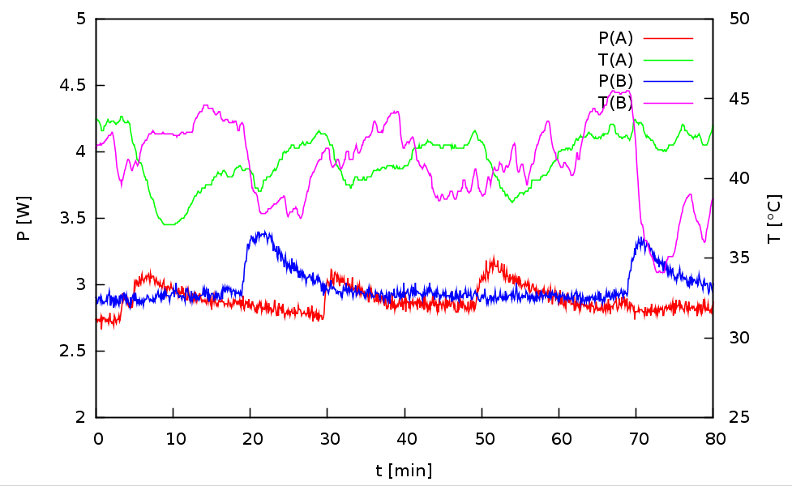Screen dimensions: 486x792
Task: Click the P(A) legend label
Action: point(615,37)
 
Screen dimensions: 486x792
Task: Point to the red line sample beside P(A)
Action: point(669,37)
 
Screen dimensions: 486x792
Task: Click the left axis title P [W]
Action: point(24,218)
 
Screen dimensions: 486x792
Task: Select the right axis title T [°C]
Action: point(774,218)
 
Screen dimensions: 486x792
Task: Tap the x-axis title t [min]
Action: point(404,470)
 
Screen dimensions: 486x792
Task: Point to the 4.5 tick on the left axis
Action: point(75,85)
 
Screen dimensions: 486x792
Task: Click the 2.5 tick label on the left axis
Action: point(75,351)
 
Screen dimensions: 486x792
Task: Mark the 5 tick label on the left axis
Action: point(80,19)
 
